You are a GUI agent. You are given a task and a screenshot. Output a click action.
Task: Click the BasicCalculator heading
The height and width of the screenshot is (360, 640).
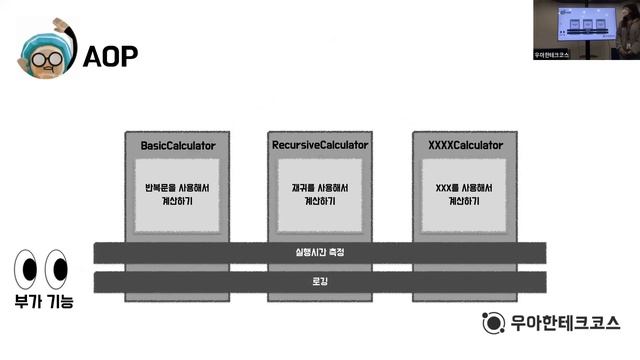[178, 146]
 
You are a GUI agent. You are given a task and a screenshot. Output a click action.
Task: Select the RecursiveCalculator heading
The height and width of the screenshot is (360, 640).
[321, 146]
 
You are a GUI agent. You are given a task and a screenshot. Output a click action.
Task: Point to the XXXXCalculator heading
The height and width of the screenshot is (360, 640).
[465, 146]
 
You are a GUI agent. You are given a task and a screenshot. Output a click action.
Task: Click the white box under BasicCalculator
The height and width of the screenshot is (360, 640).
[177, 193]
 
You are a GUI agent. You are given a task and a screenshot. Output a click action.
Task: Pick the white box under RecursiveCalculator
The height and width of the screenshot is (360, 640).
[321, 193]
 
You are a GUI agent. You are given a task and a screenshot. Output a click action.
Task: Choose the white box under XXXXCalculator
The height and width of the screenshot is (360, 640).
[465, 193]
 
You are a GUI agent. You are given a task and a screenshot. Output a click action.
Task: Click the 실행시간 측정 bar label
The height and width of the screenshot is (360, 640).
[320, 252]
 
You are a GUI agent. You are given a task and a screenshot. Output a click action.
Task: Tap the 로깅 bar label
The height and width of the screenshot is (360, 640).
[320, 282]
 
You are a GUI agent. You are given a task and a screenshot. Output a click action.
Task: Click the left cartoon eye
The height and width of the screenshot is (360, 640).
[25, 269]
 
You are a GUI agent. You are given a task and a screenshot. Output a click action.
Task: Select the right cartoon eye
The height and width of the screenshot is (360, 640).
[56, 269]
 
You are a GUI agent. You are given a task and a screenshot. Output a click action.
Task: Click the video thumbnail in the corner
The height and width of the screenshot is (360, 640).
[586, 30]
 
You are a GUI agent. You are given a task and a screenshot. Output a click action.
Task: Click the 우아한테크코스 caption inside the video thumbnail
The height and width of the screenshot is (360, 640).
[552, 55]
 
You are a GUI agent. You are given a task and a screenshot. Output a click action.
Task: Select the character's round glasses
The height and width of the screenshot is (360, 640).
[44, 58]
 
